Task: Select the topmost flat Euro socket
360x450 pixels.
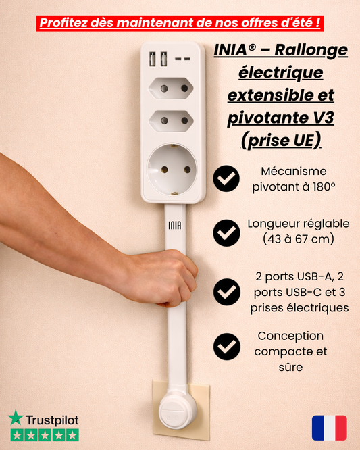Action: coord(172,88)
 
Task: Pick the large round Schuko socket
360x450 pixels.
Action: coord(172,166)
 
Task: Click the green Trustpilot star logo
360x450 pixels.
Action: coord(15,418)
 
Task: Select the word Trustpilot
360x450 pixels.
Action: coord(51,419)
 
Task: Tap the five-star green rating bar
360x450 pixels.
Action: coord(43,435)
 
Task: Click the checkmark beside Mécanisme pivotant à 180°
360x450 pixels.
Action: coord(226,178)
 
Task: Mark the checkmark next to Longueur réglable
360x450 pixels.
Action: coord(226,232)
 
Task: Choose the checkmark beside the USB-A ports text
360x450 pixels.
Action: coord(226,292)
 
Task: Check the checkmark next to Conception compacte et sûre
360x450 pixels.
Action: coord(226,346)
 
